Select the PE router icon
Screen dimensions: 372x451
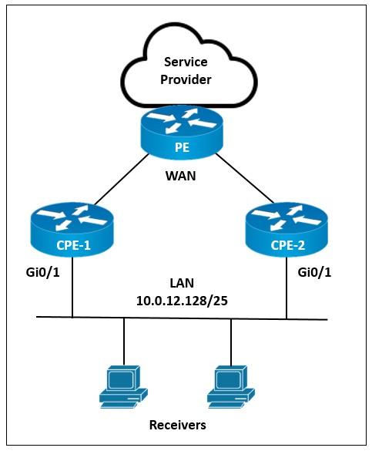182,132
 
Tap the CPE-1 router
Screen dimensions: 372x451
72,229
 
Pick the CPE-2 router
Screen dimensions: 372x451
287,229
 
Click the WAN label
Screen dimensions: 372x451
181,176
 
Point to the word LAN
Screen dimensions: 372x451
182,283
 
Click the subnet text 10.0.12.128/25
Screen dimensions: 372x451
182,301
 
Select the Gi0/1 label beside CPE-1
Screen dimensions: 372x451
43,272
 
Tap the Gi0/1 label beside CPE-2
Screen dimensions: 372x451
314,272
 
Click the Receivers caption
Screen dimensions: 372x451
177,425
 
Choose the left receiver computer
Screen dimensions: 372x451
123,387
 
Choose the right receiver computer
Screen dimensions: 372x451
231,387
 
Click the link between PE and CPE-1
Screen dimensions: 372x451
122,179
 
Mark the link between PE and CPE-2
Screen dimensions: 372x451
244,178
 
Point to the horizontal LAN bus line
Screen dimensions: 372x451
182,318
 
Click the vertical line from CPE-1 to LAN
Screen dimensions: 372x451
72,287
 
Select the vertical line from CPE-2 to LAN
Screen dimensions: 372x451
287,288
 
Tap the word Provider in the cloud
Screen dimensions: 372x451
186,79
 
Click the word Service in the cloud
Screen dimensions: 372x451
186,62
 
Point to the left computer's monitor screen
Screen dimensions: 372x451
121,379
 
